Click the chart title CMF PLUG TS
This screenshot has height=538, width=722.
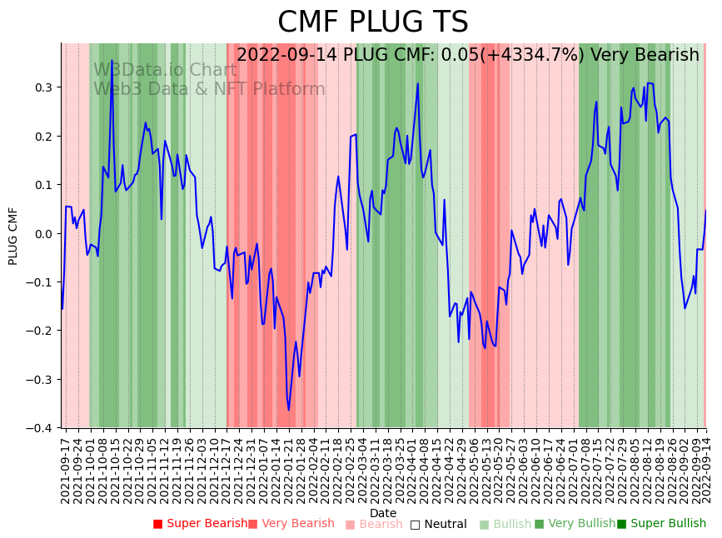(372, 22)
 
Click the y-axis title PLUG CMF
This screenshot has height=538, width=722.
(13, 236)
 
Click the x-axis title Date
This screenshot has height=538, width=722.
(383, 513)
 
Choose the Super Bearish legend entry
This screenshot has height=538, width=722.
(200, 524)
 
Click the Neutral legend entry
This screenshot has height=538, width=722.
(438, 524)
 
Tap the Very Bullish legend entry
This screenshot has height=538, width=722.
(574, 524)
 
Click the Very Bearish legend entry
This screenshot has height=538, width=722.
(291, 524)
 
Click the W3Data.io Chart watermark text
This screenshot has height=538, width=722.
(165, 71)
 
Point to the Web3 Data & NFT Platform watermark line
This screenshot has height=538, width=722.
(209, 90)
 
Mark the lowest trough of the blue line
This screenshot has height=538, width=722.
(289, 409)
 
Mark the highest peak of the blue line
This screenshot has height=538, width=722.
(112, 61)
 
